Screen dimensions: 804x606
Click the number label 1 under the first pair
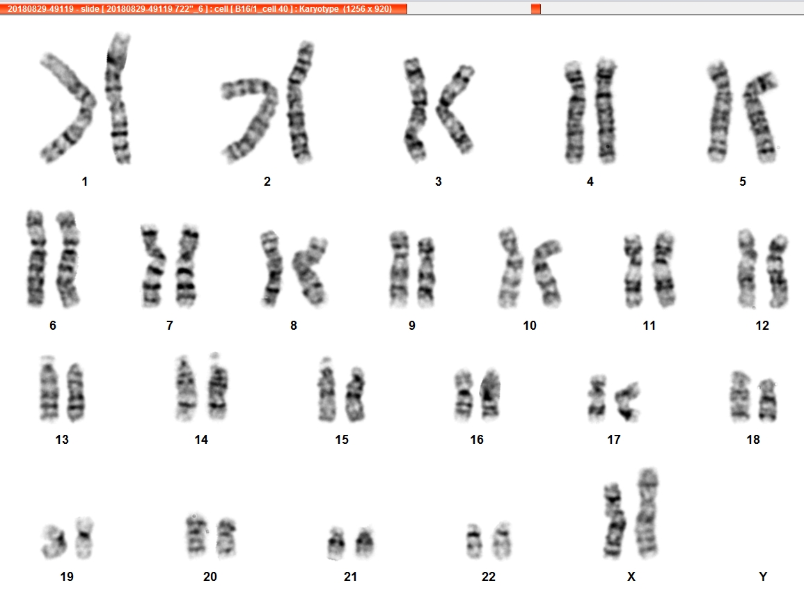[x=85, y=182]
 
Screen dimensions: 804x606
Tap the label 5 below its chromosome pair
[x=743, y=182]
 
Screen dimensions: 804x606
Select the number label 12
[x=762, y=326]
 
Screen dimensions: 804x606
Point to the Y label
[x=763, y=577]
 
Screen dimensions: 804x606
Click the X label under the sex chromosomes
[x=631, y=577]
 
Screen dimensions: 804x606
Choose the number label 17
[x=614, y=440]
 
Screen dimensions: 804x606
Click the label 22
[x=489, y=577]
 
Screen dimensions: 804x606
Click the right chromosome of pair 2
[x=299, y=102]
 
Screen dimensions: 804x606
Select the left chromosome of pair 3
[x=416, y=109]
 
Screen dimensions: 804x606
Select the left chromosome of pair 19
[x=56, y=541]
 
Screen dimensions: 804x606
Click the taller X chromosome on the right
[x=647, y=513]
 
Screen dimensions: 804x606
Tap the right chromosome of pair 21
[x=365, y=543]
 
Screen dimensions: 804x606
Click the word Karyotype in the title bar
[x=320, y=9]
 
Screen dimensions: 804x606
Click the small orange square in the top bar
[x=536, y=9]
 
